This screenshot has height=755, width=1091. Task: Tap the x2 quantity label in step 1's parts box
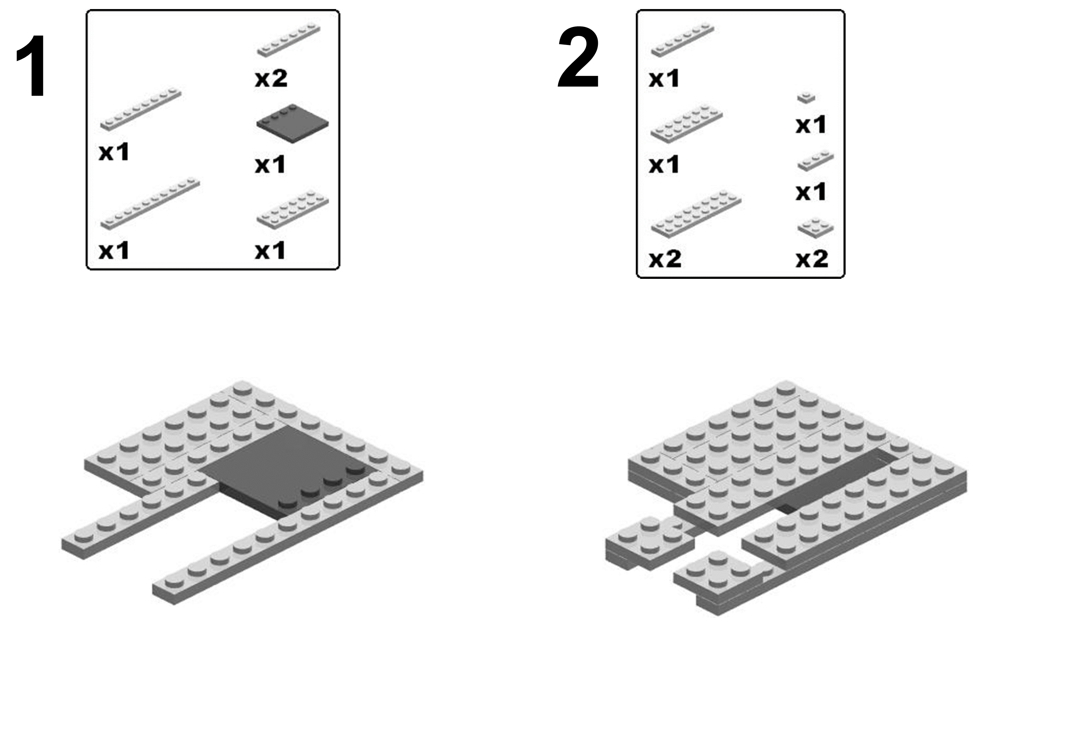[271, 79]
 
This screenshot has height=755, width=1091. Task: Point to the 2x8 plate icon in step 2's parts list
[696, 214]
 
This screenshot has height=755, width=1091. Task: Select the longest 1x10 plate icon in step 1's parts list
[150, 204]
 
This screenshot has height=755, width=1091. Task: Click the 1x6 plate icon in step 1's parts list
[289, 39]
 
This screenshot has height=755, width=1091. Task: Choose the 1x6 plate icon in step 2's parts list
[682, 39]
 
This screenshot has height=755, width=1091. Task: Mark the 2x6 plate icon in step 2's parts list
[686, 122]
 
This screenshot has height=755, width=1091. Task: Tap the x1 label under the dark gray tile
[270, 165]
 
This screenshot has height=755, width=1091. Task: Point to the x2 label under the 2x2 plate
[812, 259]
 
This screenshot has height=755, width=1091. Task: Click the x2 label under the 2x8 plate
[665, 259]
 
